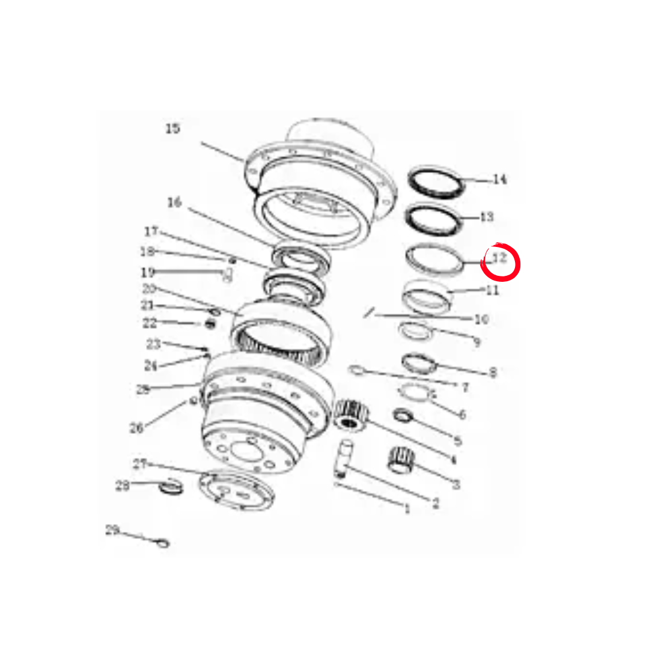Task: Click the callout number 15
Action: coord(172,129)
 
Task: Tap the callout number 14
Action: coord(499,179)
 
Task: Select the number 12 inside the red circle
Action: coord(499,259)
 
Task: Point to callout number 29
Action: coord(112,530)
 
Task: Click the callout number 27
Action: coord(139,464)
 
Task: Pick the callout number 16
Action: coord(174,203)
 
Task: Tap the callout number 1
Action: coord(407,510)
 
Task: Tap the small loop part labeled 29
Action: coord(162,544)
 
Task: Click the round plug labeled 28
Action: coord(169,487)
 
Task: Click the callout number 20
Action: coord(149,288)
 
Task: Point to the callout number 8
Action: coord(493,373)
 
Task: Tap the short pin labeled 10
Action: coord(370,312)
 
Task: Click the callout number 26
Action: coord(136,428)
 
